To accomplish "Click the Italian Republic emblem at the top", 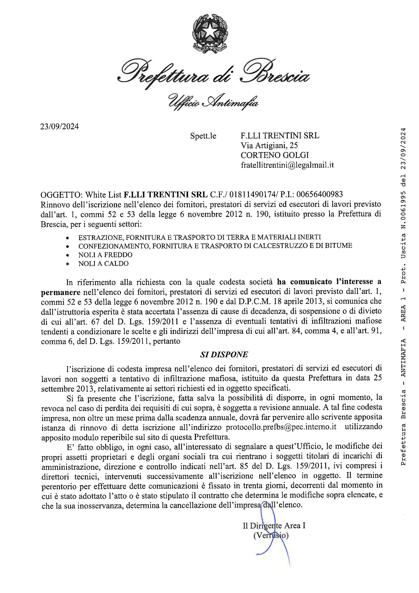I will [x=210, y=34].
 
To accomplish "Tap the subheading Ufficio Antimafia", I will [x=213, y=102].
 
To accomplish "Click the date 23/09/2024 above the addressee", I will [x=59, y=127].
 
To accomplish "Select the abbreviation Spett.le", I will [x=203, y=136].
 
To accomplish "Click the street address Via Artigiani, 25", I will [x=269, y=146].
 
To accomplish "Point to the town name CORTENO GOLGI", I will [x=275, y=155].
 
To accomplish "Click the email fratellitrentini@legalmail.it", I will [x=287, y=165].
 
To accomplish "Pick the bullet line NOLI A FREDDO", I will [x=105, y=255].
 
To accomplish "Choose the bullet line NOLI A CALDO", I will [x=103, y=264].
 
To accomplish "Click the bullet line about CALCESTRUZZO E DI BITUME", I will [x=215, y=246].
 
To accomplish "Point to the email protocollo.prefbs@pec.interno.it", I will [x=281, y=427].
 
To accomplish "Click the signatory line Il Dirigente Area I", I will [x=274, y=526].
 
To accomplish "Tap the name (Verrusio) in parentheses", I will [x=271, y=535].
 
